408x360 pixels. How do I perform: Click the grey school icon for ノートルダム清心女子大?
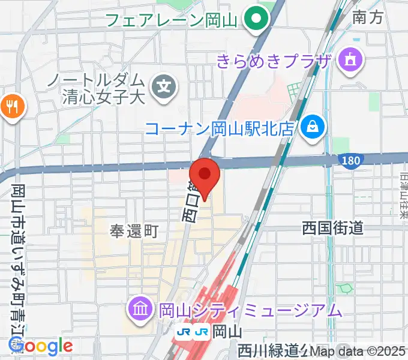pyautogui.click(x=164, y=88)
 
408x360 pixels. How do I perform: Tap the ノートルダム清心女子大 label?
pyautogui.click(x=103, y=88)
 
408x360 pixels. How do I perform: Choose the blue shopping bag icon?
pyautogui.click(x=313, y=127)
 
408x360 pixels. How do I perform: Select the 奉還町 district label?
pyautogui.click(x=134, y=230)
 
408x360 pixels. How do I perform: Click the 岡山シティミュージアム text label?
pyautogui.click(x=250, y=310)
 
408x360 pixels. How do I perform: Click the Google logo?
pyautogui.click(x=40, y=346)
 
